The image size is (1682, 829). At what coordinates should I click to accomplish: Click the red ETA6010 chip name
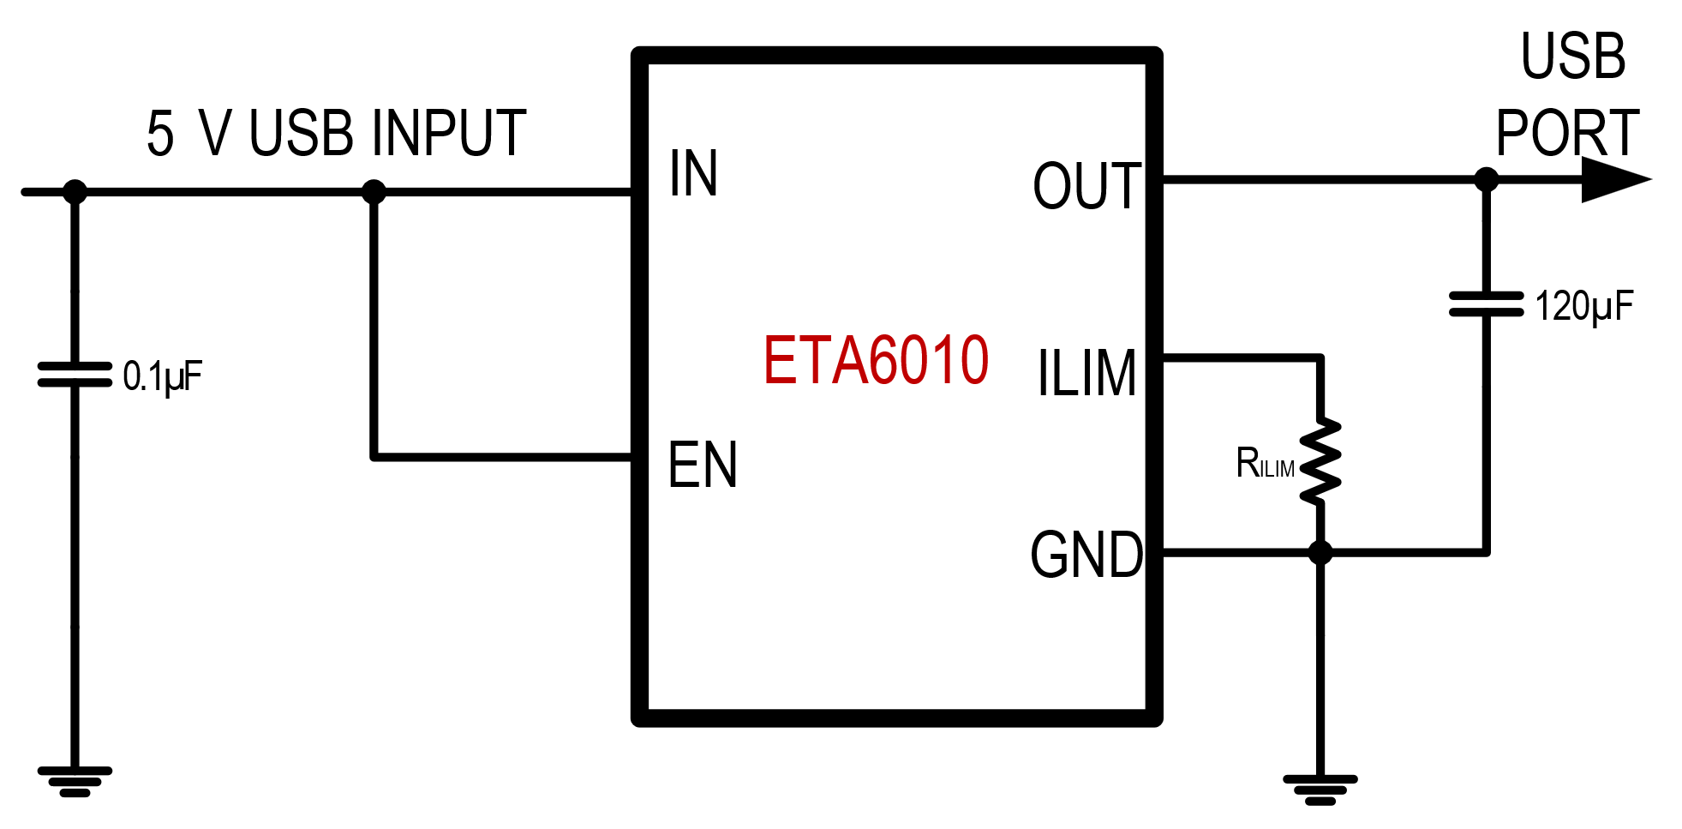point(876,361)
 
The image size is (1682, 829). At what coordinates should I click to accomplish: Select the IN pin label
point(693,174)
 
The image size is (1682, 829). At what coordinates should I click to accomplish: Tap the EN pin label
point(703,466)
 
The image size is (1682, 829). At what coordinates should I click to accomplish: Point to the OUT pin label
point(1086,186)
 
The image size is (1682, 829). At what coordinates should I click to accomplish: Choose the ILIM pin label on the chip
point(1086,374)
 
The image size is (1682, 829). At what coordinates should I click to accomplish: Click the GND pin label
point(1086,556)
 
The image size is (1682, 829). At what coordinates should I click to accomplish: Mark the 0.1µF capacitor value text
point(162,376)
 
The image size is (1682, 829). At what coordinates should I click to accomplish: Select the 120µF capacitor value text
point(1583,306)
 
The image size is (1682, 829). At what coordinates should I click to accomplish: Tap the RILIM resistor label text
point(1265,464)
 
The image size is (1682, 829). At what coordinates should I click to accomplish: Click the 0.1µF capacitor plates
point(75,375)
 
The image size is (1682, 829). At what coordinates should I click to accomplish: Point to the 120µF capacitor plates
point(1486,304)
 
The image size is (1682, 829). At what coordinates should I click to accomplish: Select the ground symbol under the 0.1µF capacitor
point(75,781)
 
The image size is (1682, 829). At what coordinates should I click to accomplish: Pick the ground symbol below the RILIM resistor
point(1320,790)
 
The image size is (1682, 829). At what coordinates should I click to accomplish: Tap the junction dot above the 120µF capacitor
point(1486,180)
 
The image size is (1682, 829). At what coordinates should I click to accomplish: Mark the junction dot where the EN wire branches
point(374,192)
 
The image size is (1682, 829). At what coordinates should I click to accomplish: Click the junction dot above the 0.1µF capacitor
point(75,192)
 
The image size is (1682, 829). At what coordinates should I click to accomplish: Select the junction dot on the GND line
point(1320,553)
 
